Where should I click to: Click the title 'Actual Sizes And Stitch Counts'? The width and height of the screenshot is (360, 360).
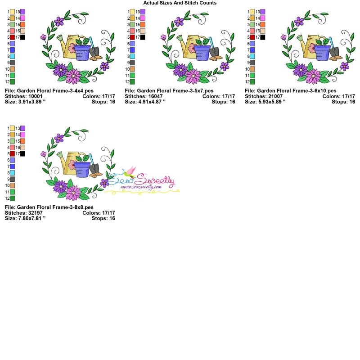tap(180, 3)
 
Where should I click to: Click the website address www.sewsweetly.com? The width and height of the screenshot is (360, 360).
tap(141, 186)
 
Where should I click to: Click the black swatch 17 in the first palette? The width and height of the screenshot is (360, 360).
tap(22, 37)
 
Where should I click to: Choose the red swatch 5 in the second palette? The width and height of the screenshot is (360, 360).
tap(132, 37)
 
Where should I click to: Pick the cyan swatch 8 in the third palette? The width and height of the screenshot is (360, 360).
tap(252, 56)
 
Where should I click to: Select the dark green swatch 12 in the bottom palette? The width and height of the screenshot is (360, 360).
tap(12, 198)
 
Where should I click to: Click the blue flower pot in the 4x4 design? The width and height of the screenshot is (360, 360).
tap(82, 52)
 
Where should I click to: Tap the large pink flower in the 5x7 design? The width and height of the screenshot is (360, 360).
tap(193, 76)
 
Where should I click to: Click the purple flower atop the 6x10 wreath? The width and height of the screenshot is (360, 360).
tap(299, 21)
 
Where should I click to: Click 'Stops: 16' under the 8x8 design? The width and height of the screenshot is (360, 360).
tap(103, 218)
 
